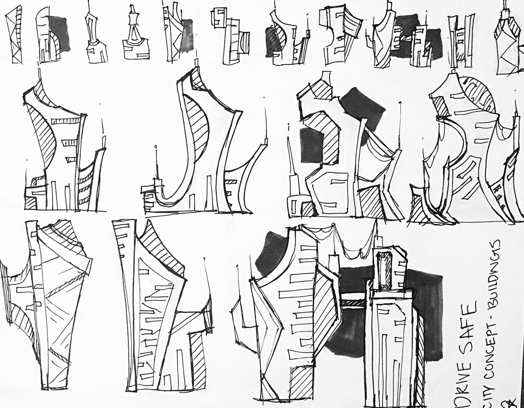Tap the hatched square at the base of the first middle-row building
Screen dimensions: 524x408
point(31,203)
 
